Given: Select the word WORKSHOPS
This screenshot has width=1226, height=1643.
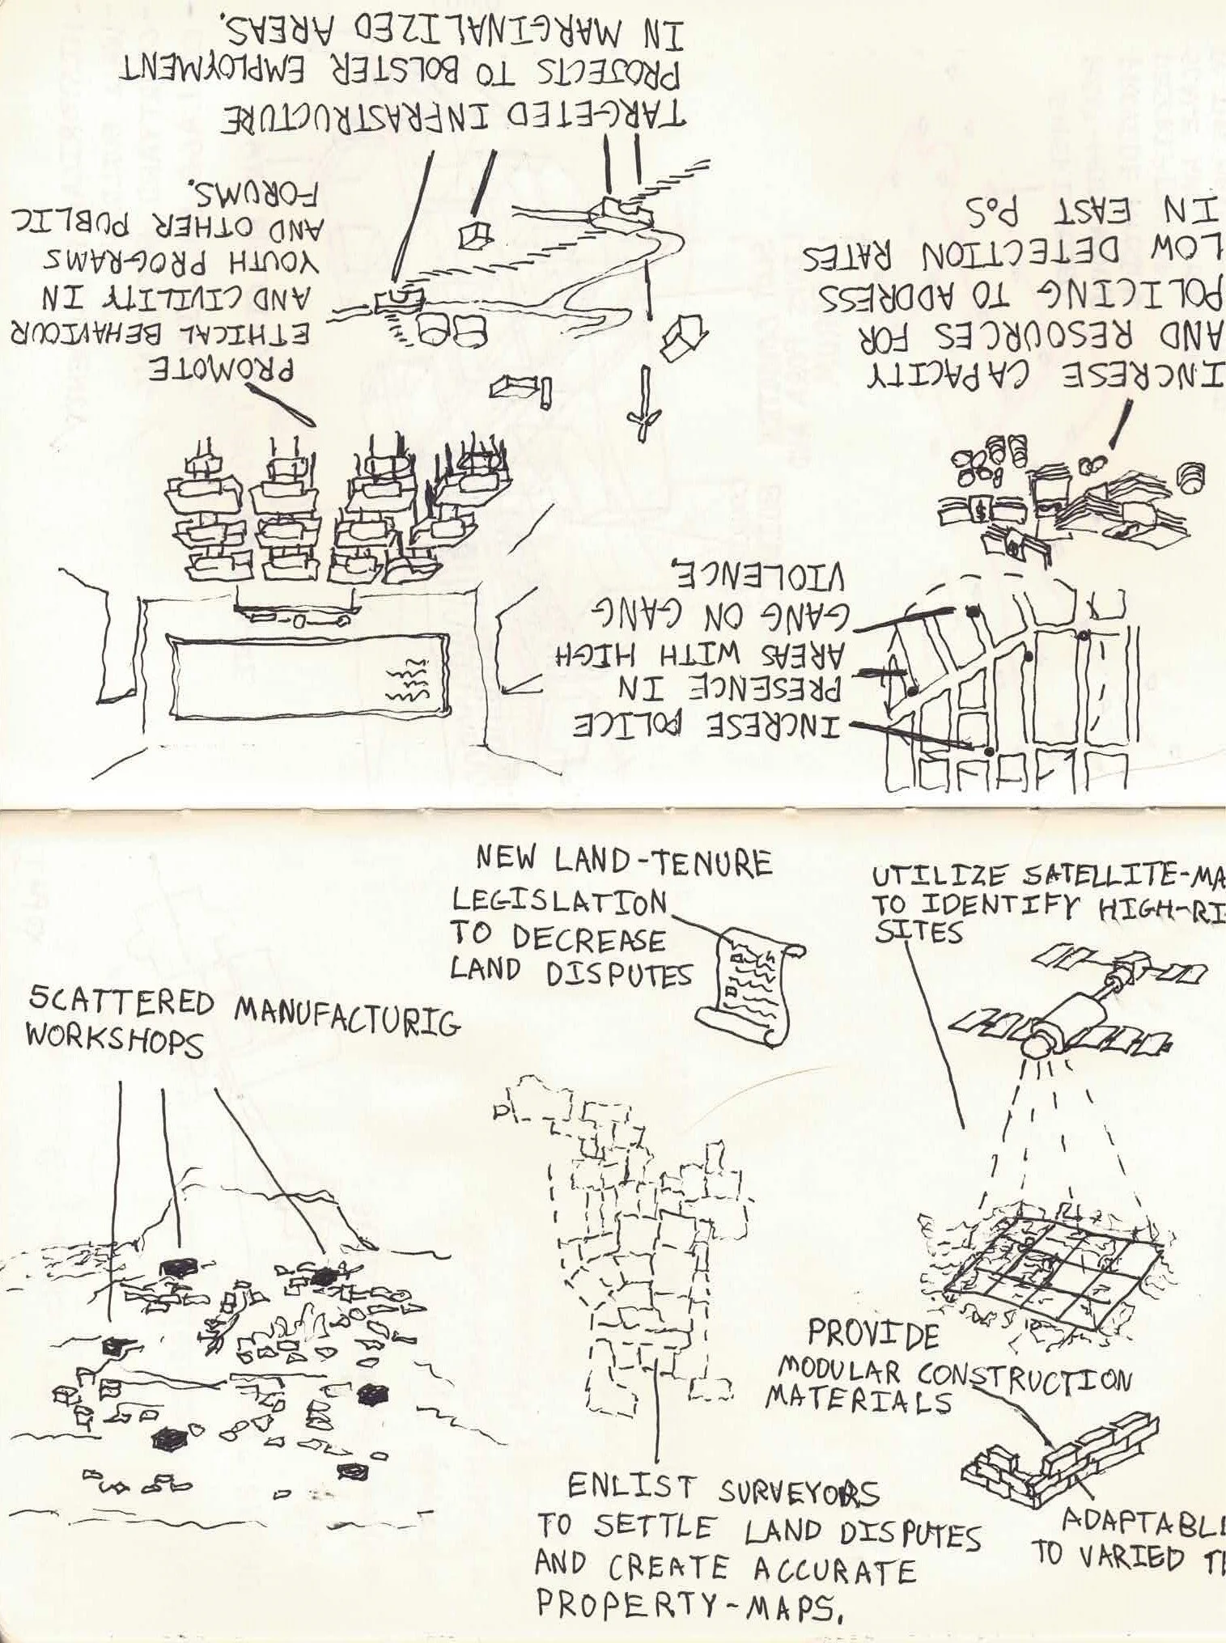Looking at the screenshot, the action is coord(115,1042).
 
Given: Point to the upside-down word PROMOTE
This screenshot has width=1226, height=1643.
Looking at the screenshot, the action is coord(224,371).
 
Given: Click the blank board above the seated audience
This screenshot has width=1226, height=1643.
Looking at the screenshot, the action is coord(308,675).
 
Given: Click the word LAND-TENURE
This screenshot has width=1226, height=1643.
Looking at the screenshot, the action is coord(664,862).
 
